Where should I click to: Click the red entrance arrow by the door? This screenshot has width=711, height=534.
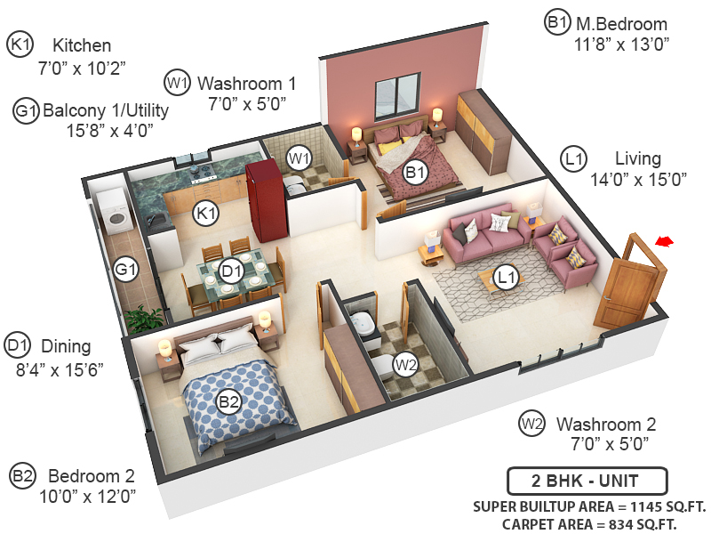click(x=664, y=240)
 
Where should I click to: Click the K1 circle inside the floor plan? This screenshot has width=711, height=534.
click(x=206, y=213)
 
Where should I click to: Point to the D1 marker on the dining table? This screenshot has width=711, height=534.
click(x=231, y=269)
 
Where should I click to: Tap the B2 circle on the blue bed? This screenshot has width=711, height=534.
click(x=229, y=402)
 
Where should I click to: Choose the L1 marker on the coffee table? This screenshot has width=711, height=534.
click(x=507, y=278)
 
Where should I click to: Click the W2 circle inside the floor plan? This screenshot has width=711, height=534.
click(x=406, y=364)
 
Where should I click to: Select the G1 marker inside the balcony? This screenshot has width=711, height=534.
click(x=125, y=268)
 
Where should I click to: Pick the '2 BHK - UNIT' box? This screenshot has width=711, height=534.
click(x=587, y=481)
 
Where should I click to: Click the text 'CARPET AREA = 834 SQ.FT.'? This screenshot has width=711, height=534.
click(x=589, y=524)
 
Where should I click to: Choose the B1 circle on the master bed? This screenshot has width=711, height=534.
click(x=415, y=172)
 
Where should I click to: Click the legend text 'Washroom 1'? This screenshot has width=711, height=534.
click(x=246, y=83)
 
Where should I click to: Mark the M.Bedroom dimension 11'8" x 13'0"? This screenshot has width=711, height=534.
click(x=621, y=42)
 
